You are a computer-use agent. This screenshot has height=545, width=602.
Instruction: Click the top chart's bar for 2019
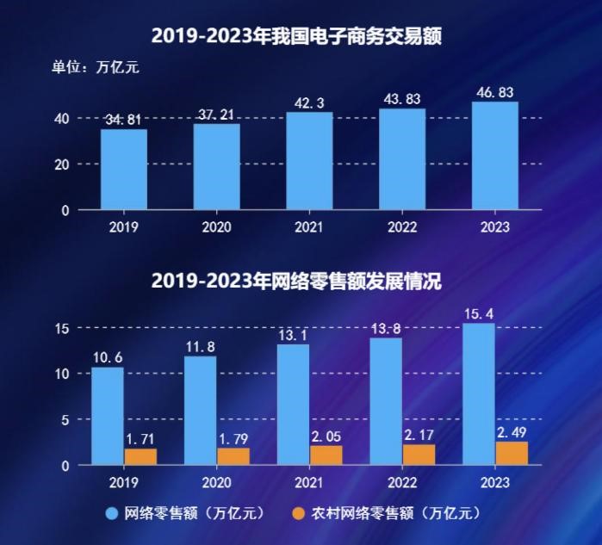point(123,170)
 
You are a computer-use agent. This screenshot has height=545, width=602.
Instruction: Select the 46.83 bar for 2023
point(495,156)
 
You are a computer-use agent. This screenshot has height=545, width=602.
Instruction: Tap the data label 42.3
point(309,103)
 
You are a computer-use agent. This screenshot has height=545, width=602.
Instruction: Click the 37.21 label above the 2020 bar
point(216,115)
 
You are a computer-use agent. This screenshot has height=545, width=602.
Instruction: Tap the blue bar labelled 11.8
point(200,411)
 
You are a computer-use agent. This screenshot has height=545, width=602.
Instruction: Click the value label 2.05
point(326,437)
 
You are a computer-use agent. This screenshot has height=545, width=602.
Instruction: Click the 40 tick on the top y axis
point(61,118)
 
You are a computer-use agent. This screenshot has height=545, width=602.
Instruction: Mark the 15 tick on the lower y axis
point(61,328)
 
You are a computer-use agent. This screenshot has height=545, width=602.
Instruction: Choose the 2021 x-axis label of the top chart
point(309,227)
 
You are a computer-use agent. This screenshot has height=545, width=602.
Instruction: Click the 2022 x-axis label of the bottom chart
point(402,483)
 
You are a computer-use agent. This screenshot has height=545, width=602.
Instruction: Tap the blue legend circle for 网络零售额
point(112,514)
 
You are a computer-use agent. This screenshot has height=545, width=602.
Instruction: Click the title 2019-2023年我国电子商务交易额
point(301,35)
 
